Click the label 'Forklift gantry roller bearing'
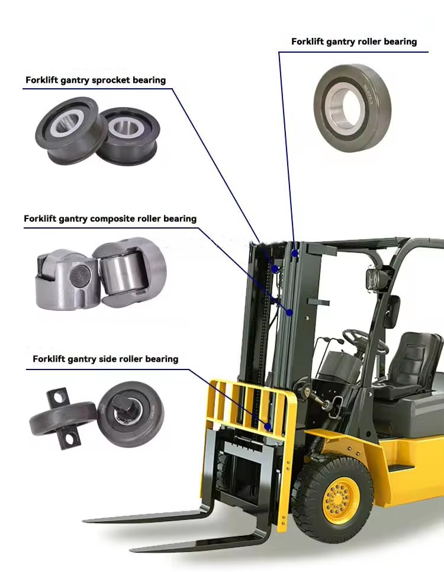354,41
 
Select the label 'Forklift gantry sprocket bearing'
95,81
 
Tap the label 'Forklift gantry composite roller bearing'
110,219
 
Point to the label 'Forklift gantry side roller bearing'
105,359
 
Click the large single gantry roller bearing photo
352,108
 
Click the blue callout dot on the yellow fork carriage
268,426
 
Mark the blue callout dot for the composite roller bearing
289,313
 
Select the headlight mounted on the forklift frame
375,280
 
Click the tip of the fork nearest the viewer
131,549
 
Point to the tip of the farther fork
85,520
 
